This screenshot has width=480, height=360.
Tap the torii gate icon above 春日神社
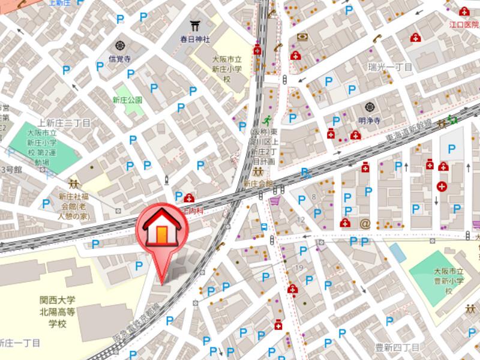click(x=194, y=26)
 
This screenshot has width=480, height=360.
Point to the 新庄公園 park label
click(x=127, y=100)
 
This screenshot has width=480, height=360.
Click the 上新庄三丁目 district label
click(x=64, y=122)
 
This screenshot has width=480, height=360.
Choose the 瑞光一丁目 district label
click(x=391, y=66)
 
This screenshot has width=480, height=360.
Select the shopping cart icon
click(x=275, y=201)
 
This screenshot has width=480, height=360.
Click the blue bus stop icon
click(x=264, y=226)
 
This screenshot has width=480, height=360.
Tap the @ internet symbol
click(x=364, y=223)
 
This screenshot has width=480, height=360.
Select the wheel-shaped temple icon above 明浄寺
click(x=369, y=107)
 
